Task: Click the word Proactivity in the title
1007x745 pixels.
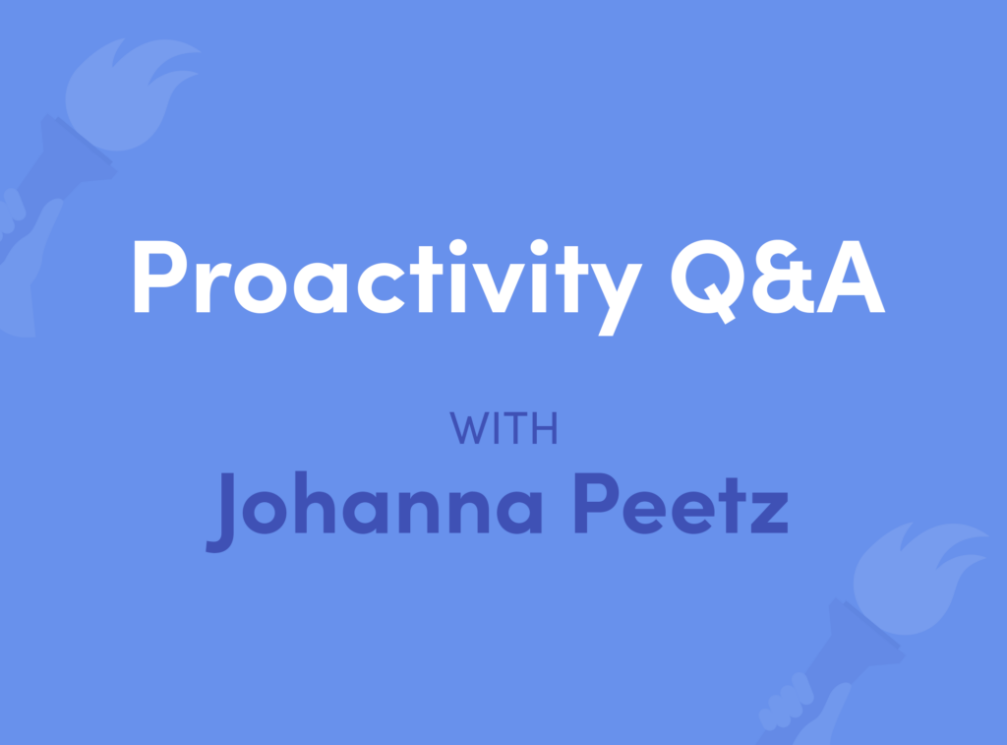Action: [x=387, y=286]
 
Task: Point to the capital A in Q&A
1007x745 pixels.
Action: [x=851, y=278]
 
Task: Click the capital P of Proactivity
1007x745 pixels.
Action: [x=160, y=277]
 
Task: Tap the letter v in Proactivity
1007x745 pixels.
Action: [x=498, y=288]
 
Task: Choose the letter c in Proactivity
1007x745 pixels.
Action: [x=381, y=288]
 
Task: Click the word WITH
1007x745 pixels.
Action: [x=503, y=428]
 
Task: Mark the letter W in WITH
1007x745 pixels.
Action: [x=467, y=428]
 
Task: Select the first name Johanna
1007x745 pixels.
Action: [x=374, y=511]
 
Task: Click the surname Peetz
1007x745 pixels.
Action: [x=681, y=505]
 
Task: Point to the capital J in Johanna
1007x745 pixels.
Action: [x=220, y=513]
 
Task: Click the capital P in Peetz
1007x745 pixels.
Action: [x=596, y=503]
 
